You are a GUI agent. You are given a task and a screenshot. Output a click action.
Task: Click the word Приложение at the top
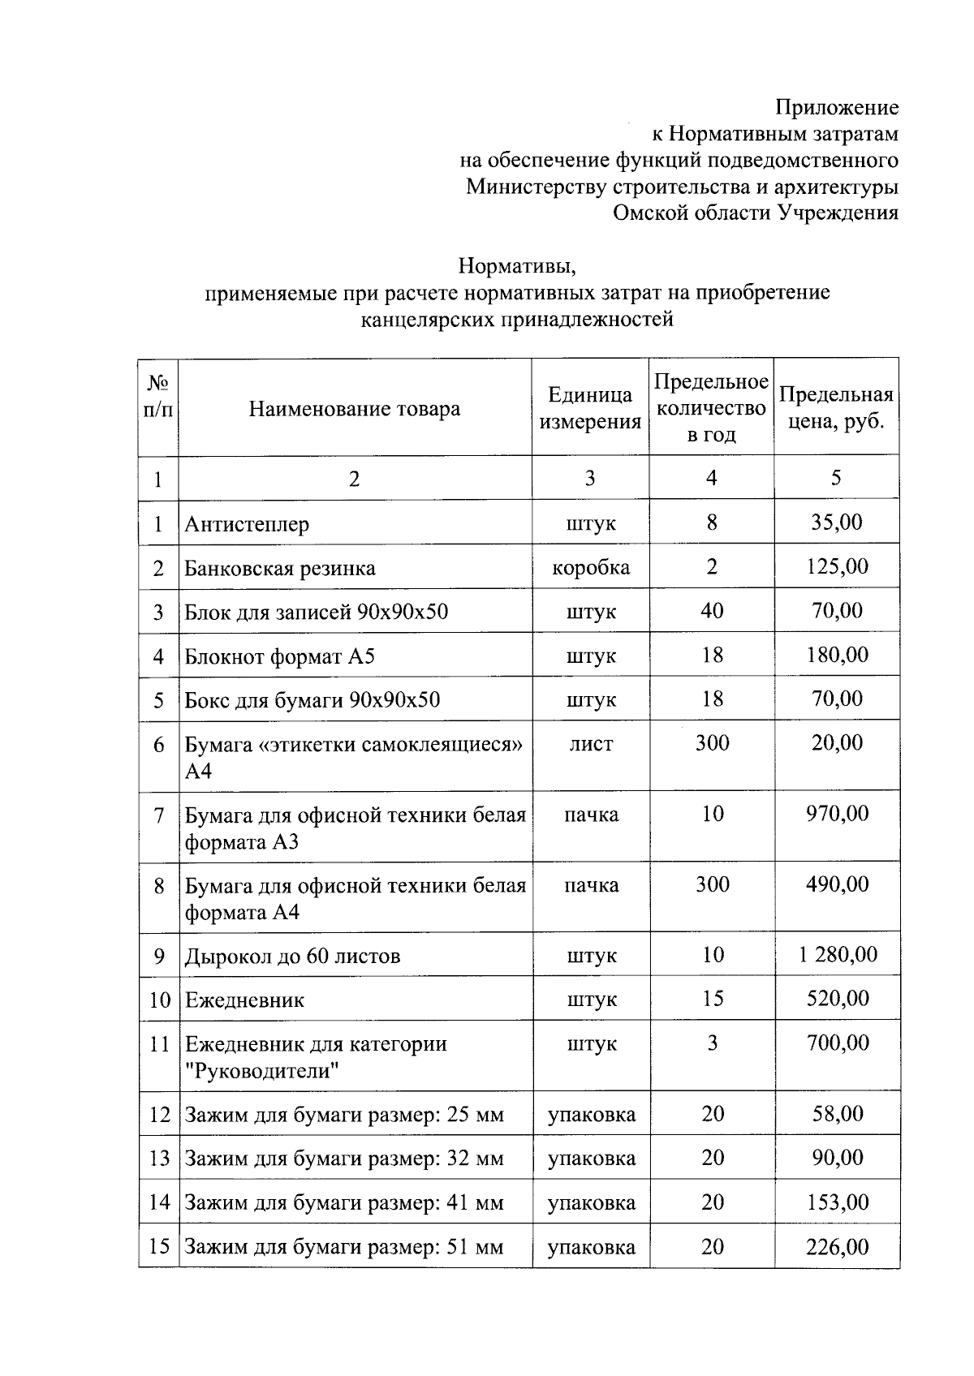click(x=836, y=107)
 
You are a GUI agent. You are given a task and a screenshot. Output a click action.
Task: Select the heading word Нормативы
click(x=516, y=265)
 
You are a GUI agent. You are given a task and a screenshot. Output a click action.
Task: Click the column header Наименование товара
click(x=354, y=409)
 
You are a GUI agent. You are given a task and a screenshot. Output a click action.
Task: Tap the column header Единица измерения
click(x=590, y=408)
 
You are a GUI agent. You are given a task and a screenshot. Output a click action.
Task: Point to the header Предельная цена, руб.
click(x=836, y=408)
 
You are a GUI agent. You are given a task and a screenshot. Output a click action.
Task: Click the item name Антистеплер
click(x=247, y=524)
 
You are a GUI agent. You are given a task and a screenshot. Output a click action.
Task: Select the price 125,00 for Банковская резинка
click(x=837, y=566)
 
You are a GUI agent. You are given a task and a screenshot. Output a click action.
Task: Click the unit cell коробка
click(x=590, y=567)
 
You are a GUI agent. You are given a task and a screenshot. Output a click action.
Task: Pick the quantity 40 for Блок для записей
click(x=712, y=610)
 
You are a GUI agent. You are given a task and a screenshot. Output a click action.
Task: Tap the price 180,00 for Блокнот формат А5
click(x=837, y=655)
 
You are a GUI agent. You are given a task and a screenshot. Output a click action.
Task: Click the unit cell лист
click(x=590, y=743)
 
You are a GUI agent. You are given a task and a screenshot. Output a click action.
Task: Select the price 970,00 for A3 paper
click(x=837, y=814)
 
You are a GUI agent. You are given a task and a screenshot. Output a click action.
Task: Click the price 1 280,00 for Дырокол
click(x=837, y=955)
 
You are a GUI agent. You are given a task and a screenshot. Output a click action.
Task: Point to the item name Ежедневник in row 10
click(x=244, y=1000)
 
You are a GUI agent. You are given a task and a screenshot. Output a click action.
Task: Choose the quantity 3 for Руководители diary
click(x=712, y=1043)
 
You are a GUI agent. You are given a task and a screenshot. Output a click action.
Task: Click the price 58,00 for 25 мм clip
click(x=837, y=1114)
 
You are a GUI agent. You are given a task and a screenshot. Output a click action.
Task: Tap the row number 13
click(x=159, y=1159)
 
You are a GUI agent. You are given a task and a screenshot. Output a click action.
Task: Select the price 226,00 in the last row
click(x=837, y=1246)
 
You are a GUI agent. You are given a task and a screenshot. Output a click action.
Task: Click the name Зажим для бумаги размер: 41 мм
click(x=344, y=1202)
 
